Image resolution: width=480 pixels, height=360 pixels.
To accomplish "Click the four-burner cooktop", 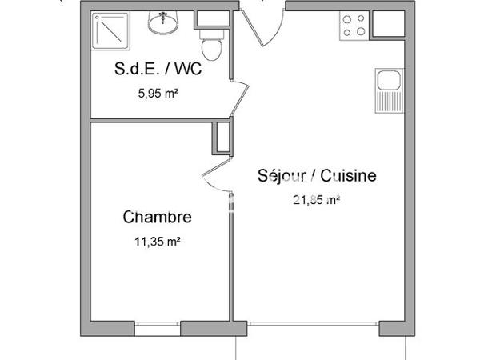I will [355, 26].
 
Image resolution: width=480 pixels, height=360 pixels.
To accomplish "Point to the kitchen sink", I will [387, 81].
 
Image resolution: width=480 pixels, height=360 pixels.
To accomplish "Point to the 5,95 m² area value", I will [158, 93].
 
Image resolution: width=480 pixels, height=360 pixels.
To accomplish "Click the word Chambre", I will [157, 217].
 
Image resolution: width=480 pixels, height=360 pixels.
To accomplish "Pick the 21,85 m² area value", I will [318, 200].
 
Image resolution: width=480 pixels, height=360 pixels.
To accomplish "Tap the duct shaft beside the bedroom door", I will [221, 137].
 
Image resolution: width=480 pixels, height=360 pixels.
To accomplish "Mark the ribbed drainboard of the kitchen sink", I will [387, 101].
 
